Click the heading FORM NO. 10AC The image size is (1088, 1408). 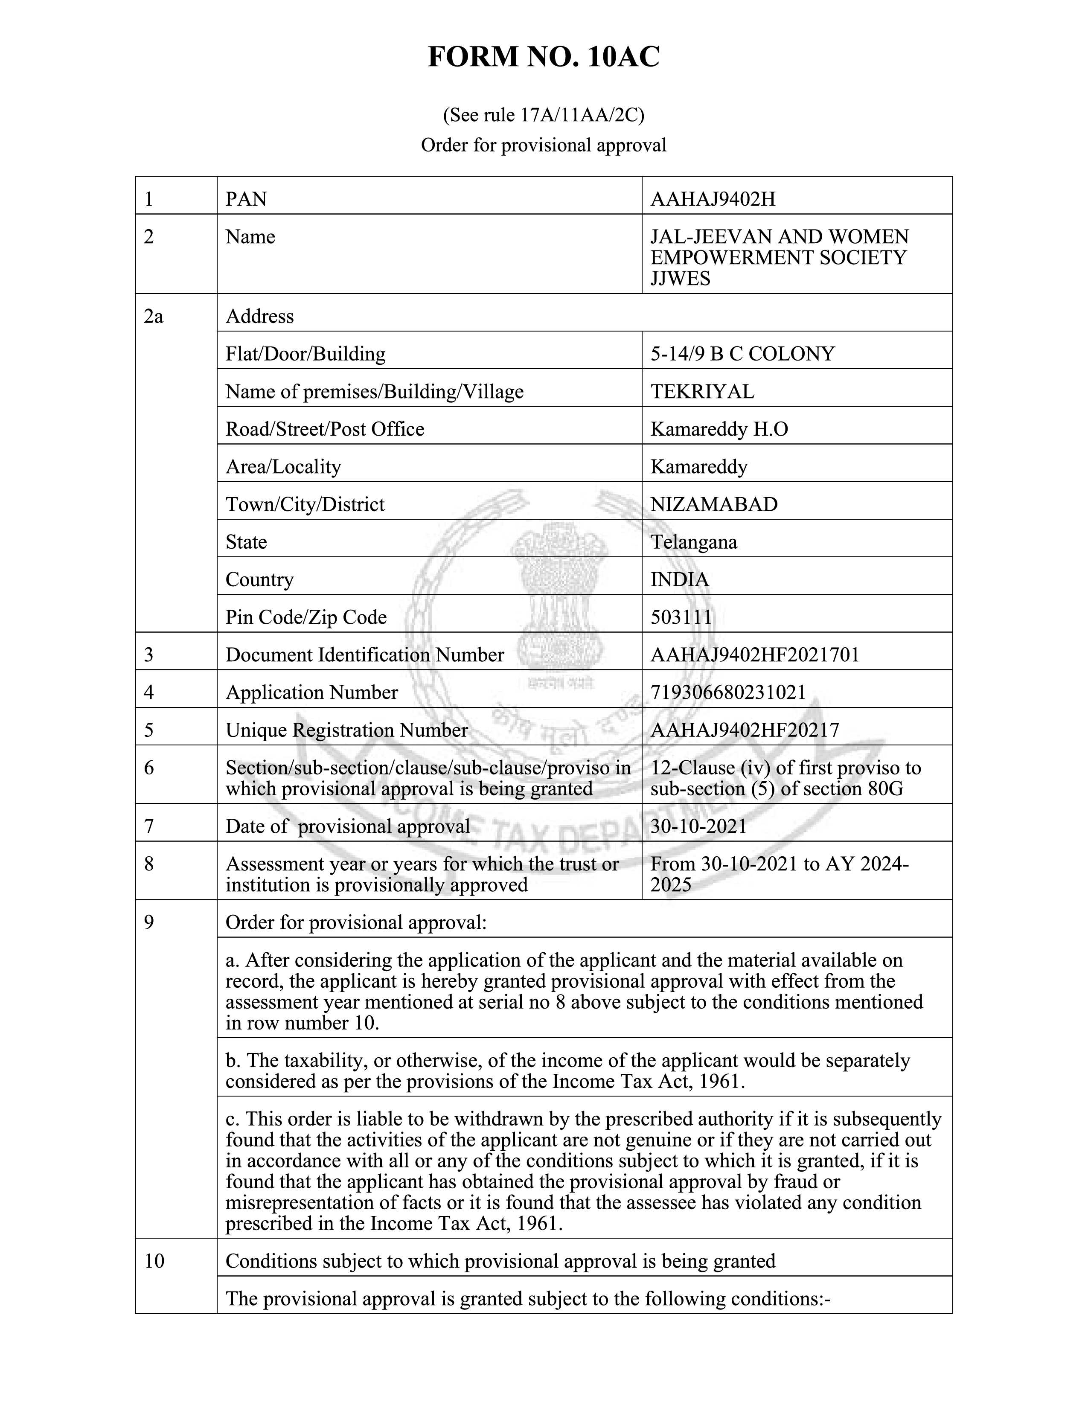coord(543,57)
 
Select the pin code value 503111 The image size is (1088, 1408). coord(681,617)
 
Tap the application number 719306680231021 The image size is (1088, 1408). coord(728,692)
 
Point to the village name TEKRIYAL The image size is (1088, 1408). coord(702,391)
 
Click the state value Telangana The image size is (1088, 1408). coord(693,541)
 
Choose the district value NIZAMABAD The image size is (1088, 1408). coord(713,504)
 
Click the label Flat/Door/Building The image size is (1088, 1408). coord(305,354)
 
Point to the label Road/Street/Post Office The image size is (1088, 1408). coord(325,429)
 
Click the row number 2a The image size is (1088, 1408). coord(154,317)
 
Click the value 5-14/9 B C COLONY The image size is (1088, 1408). coord(742,354)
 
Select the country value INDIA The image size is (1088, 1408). coord(679,579)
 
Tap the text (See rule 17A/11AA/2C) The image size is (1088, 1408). coord(543,115)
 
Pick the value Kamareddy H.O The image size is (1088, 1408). coord(719,429)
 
